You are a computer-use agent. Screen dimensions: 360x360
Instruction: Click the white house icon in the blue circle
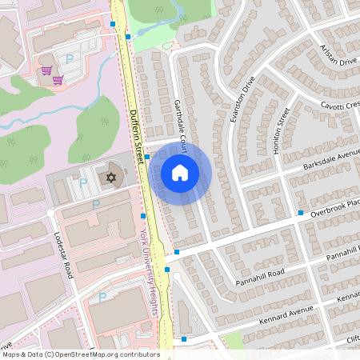point(180,172)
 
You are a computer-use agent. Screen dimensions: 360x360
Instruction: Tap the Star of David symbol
point(111,176)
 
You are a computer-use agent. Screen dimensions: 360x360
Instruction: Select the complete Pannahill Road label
point(259,278)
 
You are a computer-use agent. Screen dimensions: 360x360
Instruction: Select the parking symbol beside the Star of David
point(83,184)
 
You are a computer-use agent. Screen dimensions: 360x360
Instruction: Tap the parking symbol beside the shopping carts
point(69,58)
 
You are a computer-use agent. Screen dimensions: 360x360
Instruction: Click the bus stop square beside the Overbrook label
point(301,213)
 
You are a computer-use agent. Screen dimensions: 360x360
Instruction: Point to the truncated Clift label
point(352,339)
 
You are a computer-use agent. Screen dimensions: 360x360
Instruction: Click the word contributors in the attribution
point(138,354)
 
